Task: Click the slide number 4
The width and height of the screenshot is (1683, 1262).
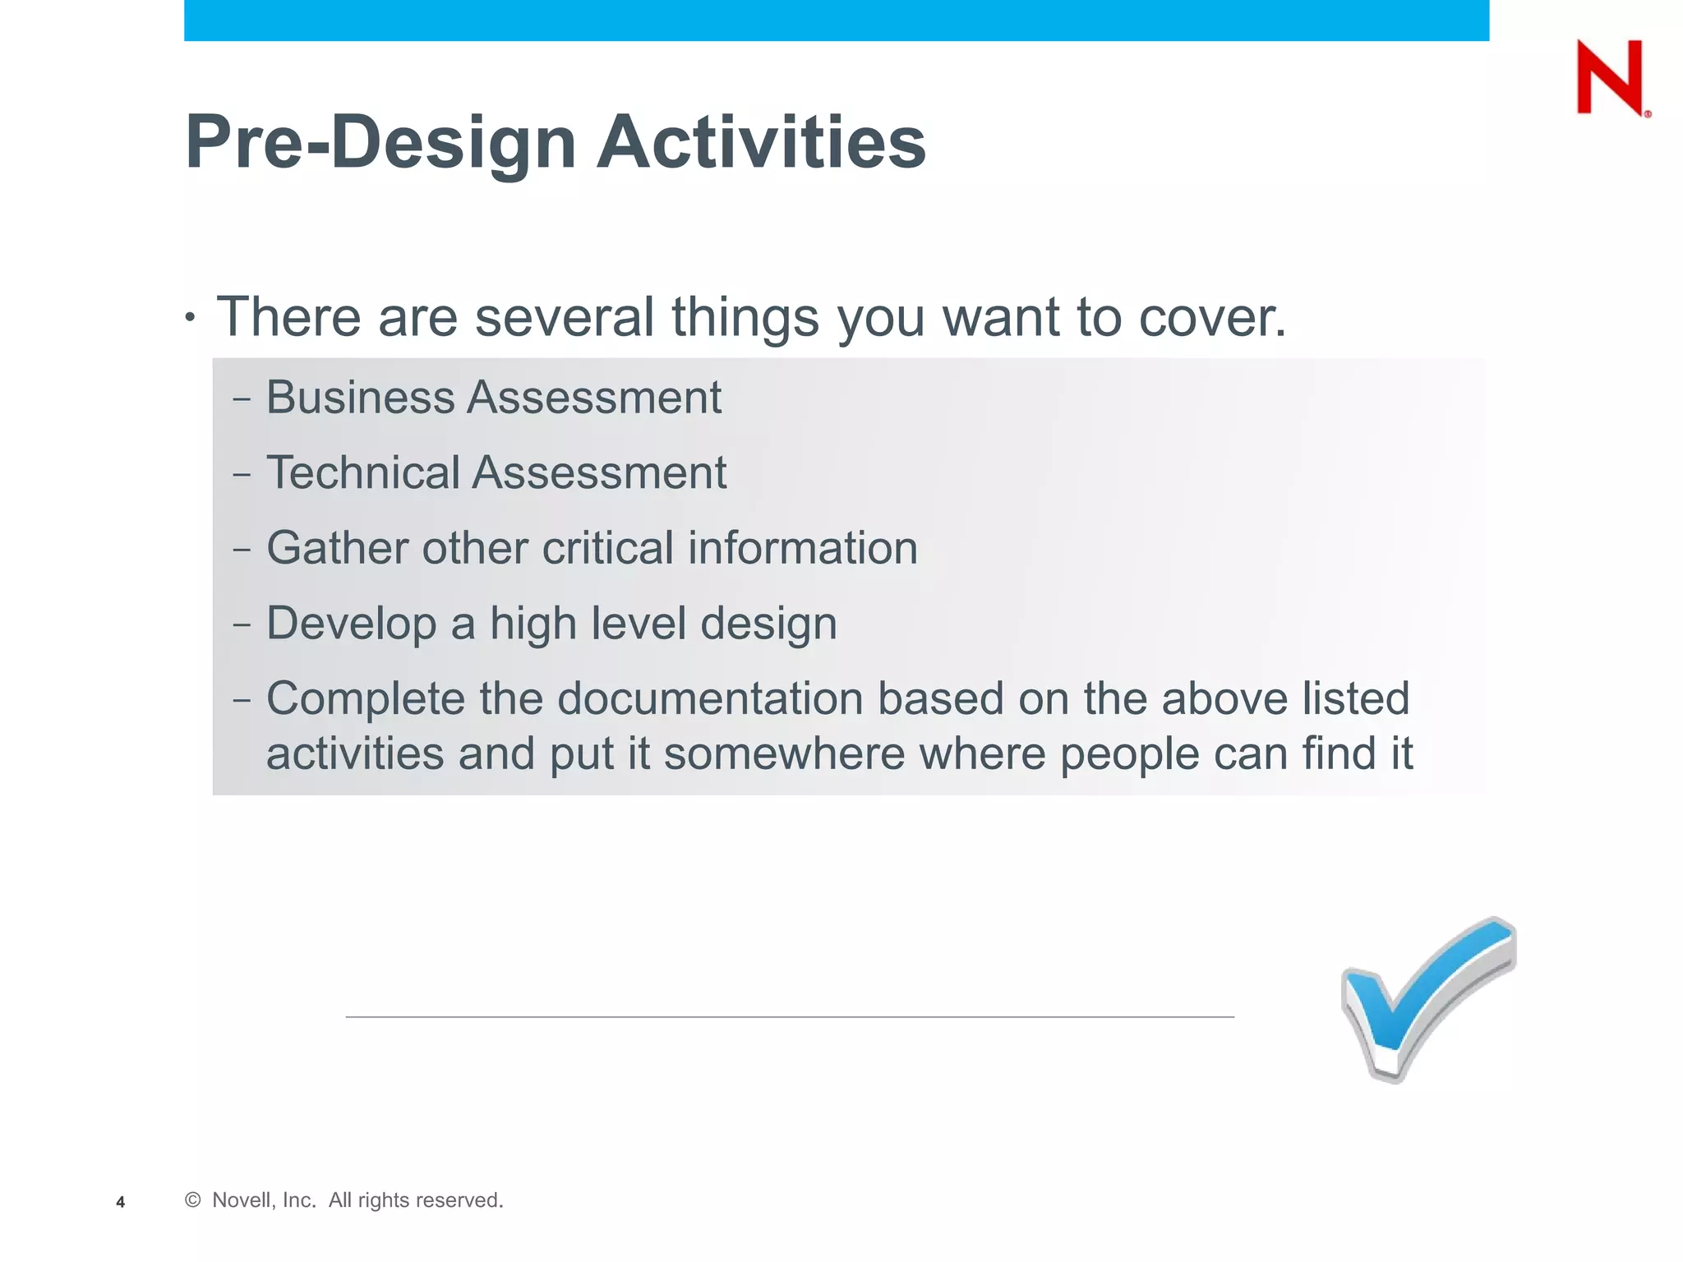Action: [121, 1202]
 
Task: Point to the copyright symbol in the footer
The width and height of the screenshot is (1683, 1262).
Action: [193, 1200]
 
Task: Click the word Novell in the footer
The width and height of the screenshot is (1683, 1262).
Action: [239, 1200]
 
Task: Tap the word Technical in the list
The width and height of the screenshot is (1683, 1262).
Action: [362, 473]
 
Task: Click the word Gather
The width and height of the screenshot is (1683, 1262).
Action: [337, 548]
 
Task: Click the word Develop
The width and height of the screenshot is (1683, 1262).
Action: [351, 624]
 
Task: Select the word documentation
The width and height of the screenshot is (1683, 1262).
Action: [711, 699]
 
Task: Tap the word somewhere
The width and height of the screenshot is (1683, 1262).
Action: [784, 753]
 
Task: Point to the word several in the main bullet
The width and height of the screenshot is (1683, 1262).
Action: [564, 317]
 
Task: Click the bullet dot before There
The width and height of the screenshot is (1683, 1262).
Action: [191, 317]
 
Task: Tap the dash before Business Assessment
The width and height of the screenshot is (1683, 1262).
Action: [242, 400]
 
